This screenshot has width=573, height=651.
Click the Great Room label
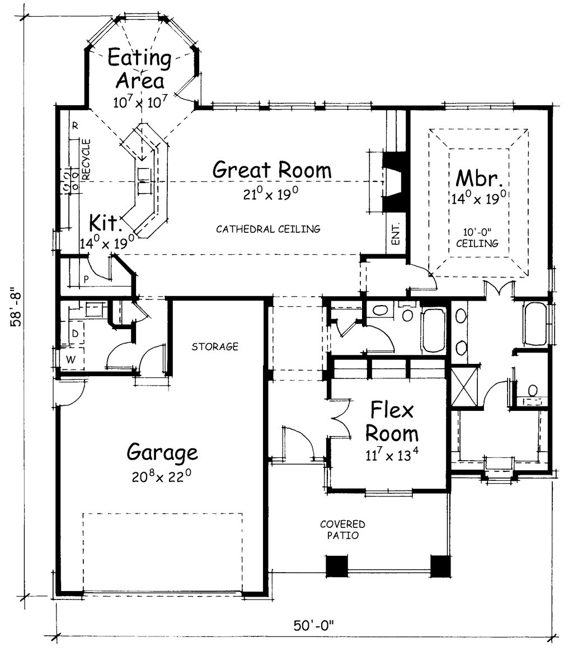(x=272, y=169)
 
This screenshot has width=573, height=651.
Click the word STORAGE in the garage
(x=215, y=347)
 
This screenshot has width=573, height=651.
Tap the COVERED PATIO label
(x=342, y=530)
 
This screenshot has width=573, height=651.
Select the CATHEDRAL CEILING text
(x=268, y=228)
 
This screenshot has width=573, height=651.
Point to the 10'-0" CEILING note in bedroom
(x=477, y=238)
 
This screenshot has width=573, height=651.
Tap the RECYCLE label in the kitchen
(x=86, y=160)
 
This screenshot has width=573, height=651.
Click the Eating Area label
(x=139, y=69)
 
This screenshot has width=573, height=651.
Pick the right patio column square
(x=440, y=566)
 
